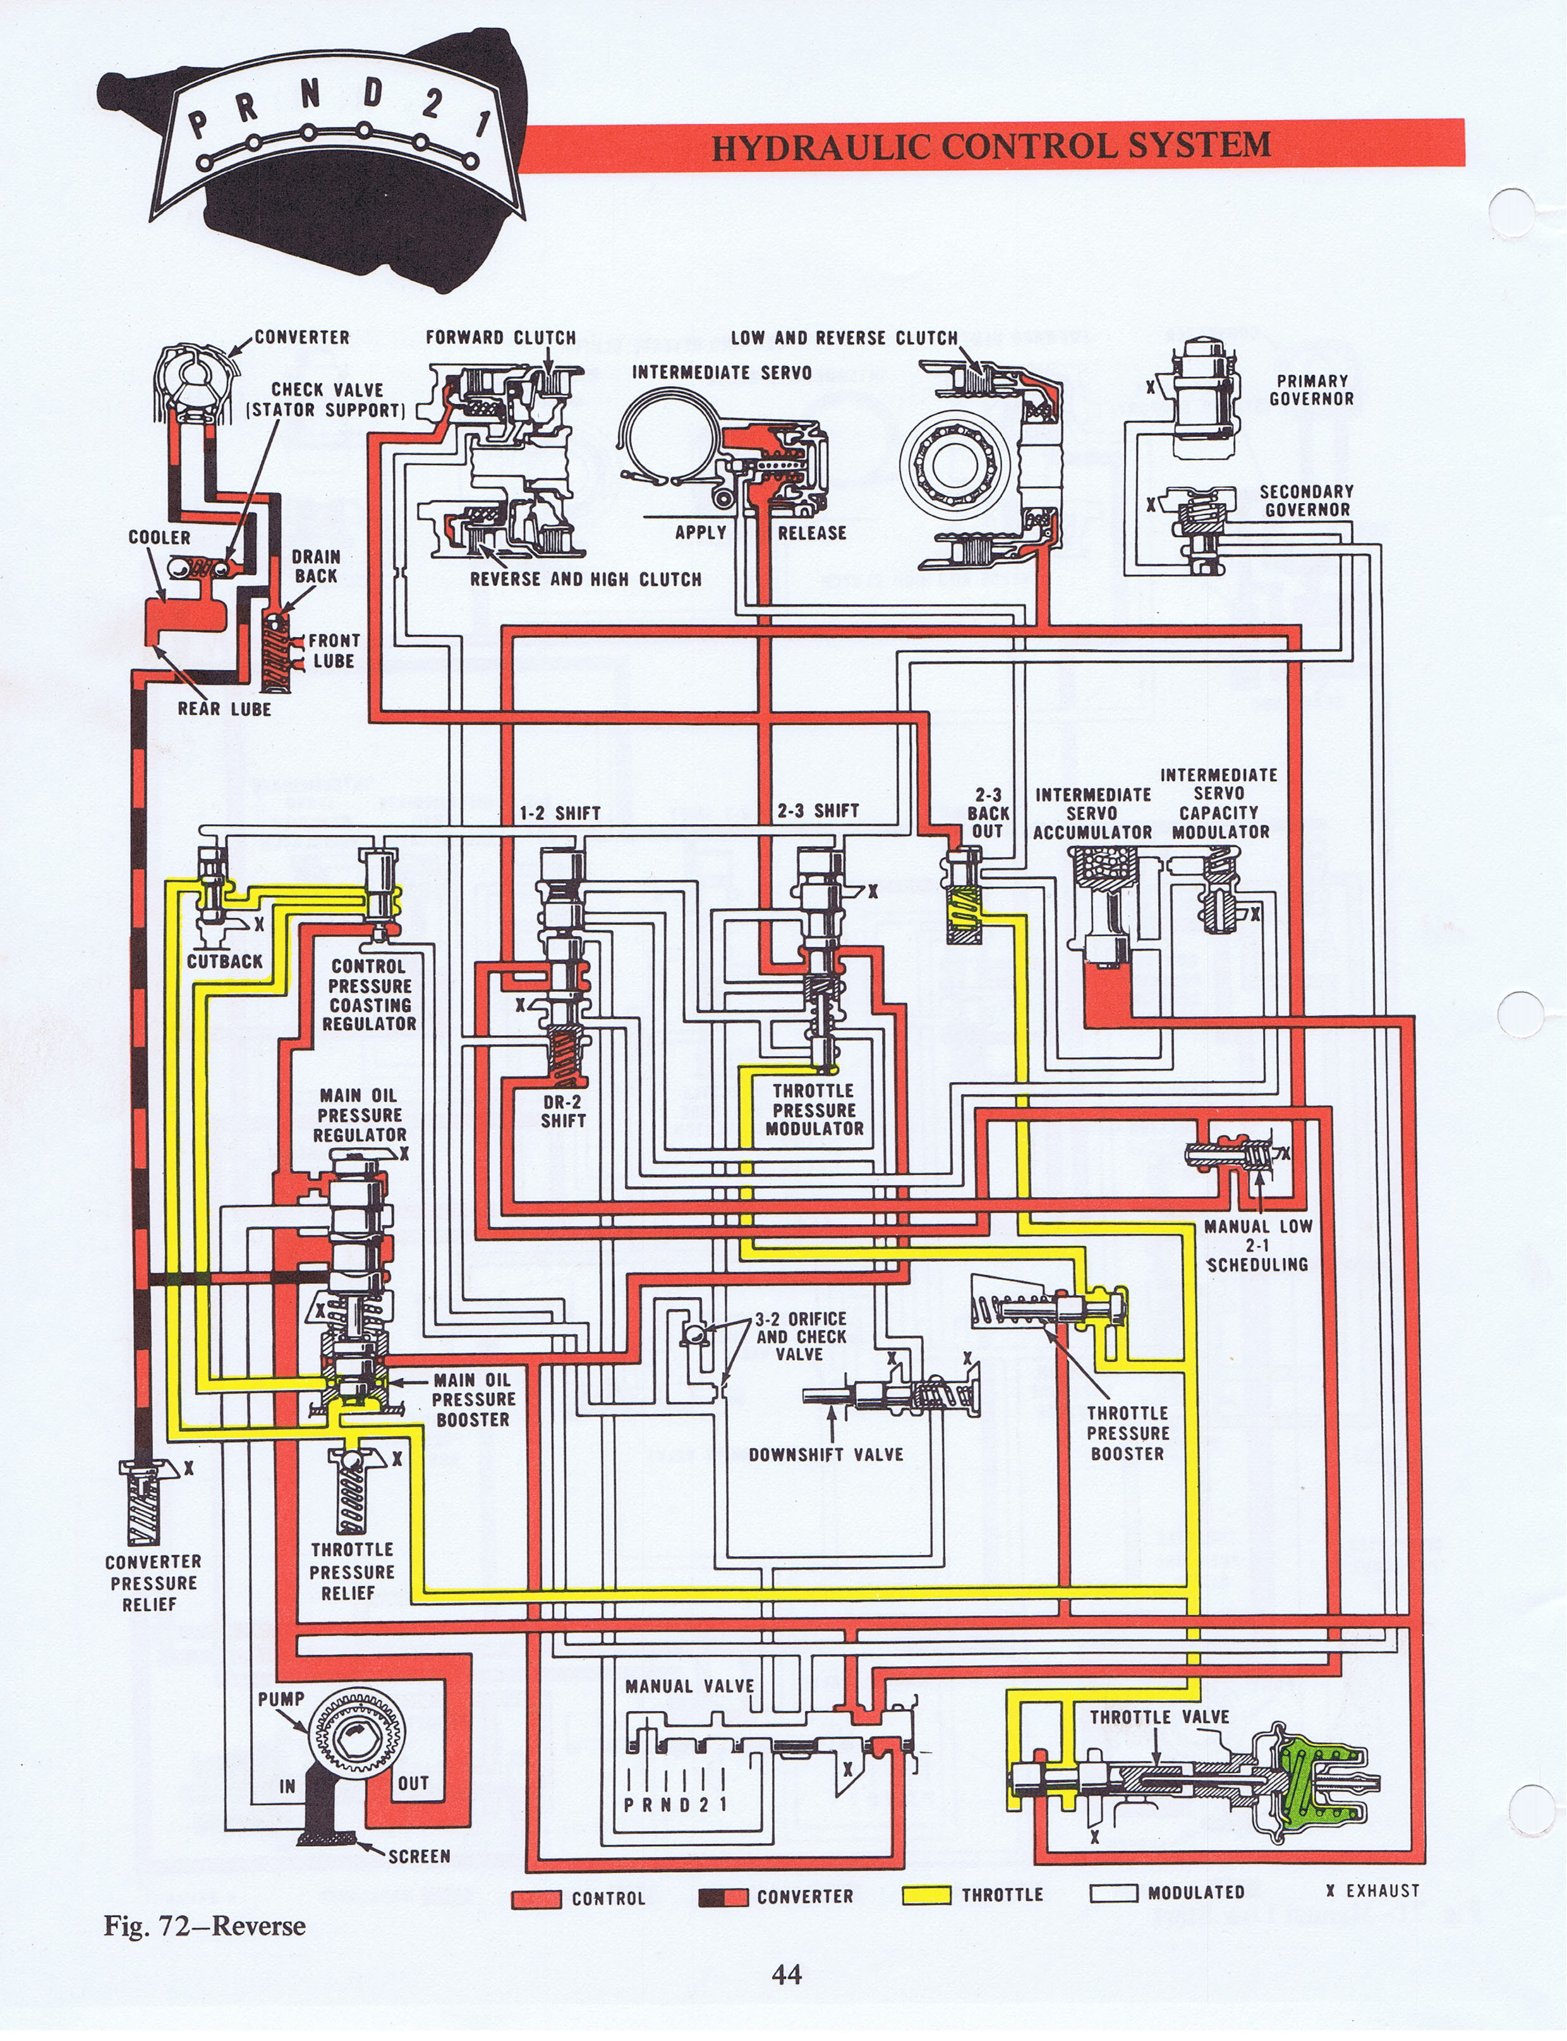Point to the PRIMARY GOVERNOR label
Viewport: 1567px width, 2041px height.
[1312, 390]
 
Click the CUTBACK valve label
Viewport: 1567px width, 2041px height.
[225, 961]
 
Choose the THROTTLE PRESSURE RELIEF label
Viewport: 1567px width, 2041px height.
[352, 1571]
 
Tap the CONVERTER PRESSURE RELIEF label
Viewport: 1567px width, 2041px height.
[153, 1583]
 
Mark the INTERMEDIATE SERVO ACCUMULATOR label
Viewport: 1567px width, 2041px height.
[1092, 812]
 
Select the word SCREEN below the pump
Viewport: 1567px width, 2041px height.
[419, 1856]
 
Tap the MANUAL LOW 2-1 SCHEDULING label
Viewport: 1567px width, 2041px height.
[1257, 1245]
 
